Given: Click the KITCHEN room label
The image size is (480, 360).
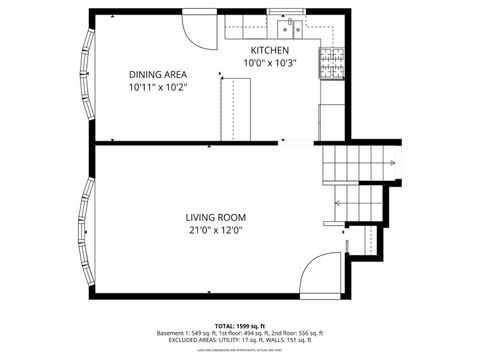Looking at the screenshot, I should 269,50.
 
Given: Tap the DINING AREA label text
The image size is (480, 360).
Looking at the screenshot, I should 158,74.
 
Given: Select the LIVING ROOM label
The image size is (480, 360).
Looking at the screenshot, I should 215,217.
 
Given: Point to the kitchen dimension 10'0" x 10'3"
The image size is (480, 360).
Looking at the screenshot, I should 269,63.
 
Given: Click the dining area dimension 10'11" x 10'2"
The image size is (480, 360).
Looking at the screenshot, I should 158,87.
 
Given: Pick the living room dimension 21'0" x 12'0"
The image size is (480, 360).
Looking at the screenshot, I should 215,230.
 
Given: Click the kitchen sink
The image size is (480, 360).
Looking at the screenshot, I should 290,27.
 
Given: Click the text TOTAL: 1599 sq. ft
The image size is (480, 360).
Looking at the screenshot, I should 239,326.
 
